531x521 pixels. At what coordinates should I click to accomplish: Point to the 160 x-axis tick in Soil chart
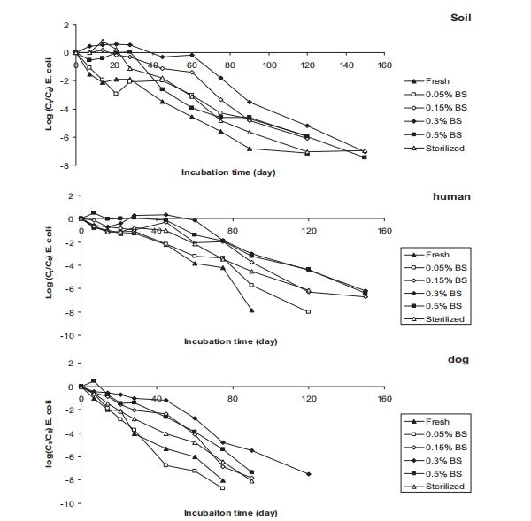pos(384,65)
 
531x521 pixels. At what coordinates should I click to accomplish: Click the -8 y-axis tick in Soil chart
pos(65,165)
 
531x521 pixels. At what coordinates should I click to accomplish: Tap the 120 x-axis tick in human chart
pos(308,231)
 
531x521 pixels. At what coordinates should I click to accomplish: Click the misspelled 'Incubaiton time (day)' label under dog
pos(231,512)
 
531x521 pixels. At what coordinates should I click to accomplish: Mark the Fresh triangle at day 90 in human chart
pos(251,310)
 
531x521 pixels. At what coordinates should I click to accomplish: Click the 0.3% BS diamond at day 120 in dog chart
pos(308,474)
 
